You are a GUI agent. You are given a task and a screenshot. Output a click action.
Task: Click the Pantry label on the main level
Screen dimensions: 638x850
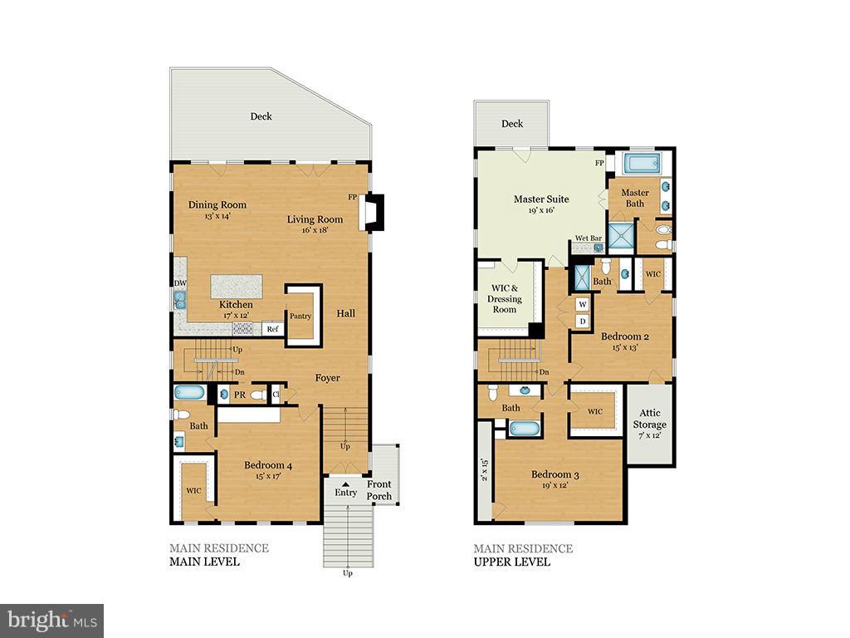(x=299, y=316)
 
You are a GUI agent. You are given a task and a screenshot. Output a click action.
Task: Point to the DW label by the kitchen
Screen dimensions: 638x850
(x=179, y=282)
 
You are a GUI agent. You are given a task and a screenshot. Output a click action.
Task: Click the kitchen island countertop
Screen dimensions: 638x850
(x=236, y=287)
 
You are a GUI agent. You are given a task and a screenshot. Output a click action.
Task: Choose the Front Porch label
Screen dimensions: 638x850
(x=379, y=490)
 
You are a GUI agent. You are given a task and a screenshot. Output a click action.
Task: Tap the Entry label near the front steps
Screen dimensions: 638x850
(x=345, y=493)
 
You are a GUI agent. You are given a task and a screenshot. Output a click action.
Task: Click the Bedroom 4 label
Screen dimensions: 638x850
(x=267, y=466)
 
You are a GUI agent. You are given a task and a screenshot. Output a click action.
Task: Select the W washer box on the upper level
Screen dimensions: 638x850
(x=583, y=305)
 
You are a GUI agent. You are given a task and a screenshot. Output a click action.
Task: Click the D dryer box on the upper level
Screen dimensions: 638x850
(x=583, y=321)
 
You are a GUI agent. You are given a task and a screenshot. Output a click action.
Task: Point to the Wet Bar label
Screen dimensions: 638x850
(x=588, y=238)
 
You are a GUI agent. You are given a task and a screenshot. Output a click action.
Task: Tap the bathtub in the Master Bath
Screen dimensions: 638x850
(x=640, y=163)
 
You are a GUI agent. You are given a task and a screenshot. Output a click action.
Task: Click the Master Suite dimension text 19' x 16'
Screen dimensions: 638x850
(x=540, y=210)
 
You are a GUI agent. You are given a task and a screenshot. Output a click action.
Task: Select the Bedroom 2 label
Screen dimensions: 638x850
(x=624, y=336)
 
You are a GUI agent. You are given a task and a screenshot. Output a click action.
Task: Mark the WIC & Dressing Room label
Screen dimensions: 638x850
(x=505, y=299)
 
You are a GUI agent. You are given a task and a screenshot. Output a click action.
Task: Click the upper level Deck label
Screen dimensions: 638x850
(x=512, y=124)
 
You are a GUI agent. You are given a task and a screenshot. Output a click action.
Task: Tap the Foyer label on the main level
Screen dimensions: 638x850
(x=328, y=378)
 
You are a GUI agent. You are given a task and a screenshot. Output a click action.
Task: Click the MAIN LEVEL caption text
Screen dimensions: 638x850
(x=204, y=562)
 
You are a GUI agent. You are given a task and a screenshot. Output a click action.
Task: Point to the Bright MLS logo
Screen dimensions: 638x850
(x=51, y=620)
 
